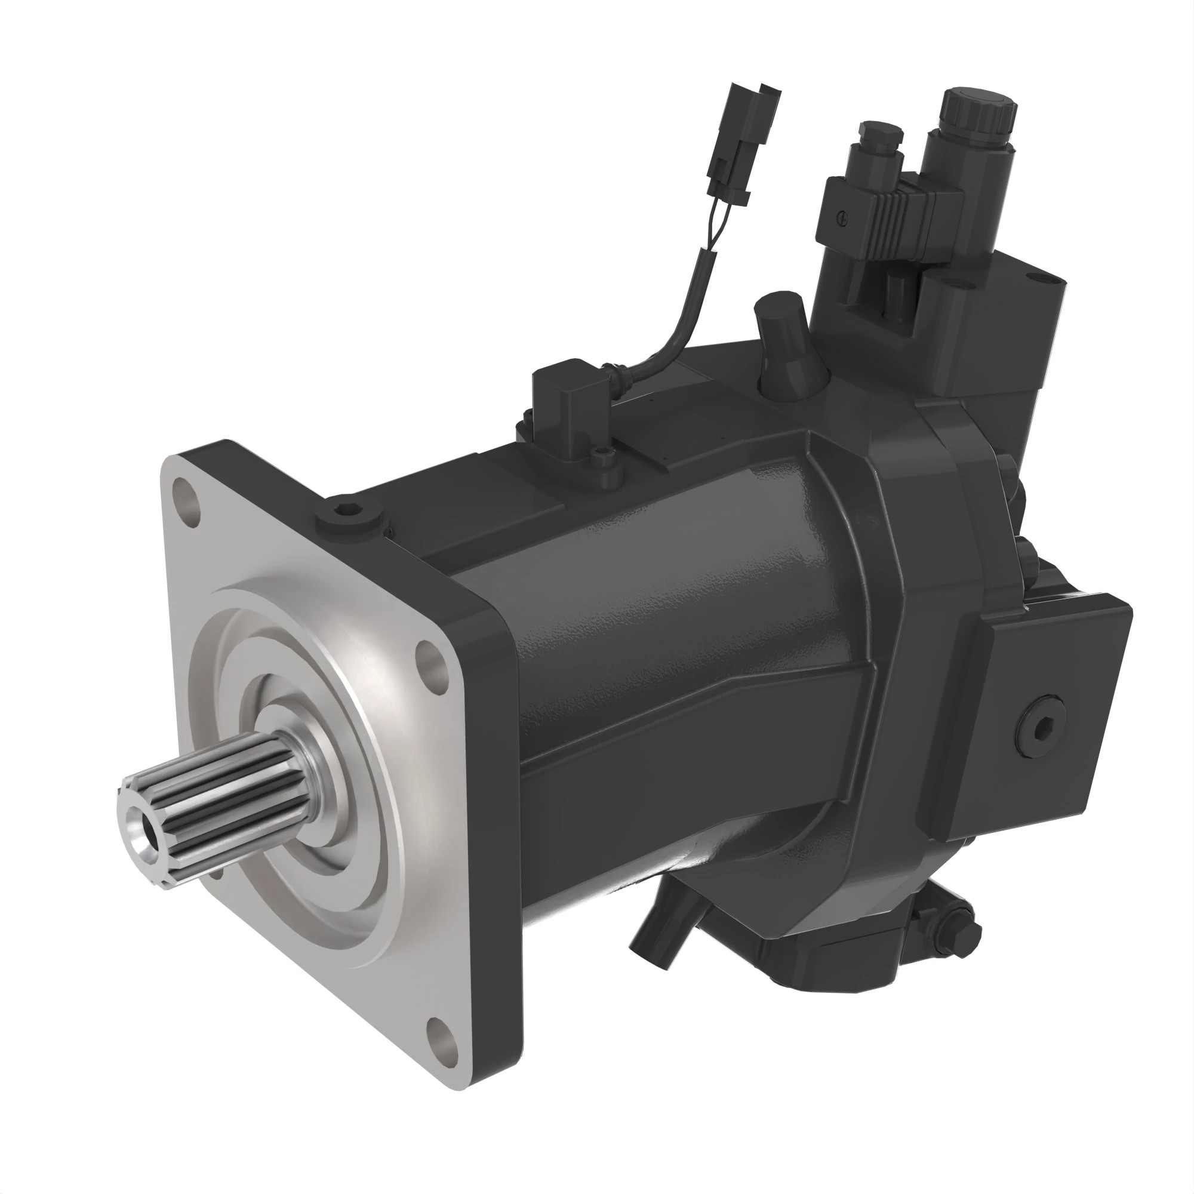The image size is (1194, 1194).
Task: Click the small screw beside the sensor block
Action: (x=598, y=457)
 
